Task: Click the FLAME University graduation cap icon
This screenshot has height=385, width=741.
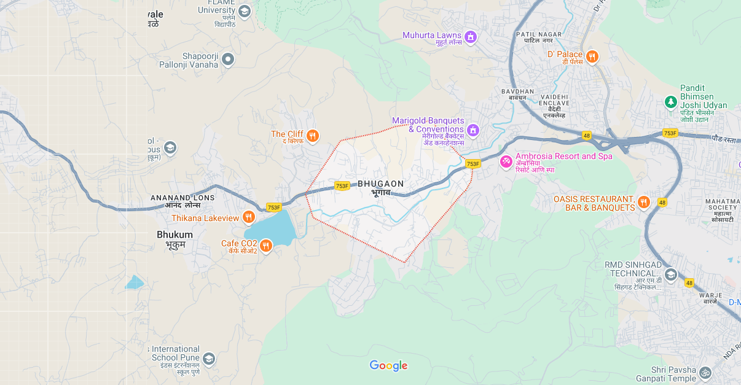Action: [245, 11]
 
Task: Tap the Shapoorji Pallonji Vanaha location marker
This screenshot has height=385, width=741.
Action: [228, 60]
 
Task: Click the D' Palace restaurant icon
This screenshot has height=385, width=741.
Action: [592, 56]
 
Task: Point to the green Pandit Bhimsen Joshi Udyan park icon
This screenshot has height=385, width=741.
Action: [671, 101]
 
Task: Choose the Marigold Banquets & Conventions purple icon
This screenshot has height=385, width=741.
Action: [472, 130]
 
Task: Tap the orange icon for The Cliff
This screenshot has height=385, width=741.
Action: [313, 136]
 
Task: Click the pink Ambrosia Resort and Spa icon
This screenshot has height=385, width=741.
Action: [506, 161]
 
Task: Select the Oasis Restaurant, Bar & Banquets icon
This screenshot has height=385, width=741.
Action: [643, 202]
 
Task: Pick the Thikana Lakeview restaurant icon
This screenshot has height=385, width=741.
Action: [249, 217]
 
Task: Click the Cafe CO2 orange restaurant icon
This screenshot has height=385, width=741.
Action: [265, 246]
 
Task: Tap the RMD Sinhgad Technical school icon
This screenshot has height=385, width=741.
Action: [670, 274]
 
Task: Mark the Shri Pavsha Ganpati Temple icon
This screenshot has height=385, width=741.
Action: [705, 372]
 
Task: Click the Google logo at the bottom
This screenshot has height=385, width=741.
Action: [388, 366]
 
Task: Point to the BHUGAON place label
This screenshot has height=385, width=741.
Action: [381, 184]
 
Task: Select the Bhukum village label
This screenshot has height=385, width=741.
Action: [174, 235]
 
